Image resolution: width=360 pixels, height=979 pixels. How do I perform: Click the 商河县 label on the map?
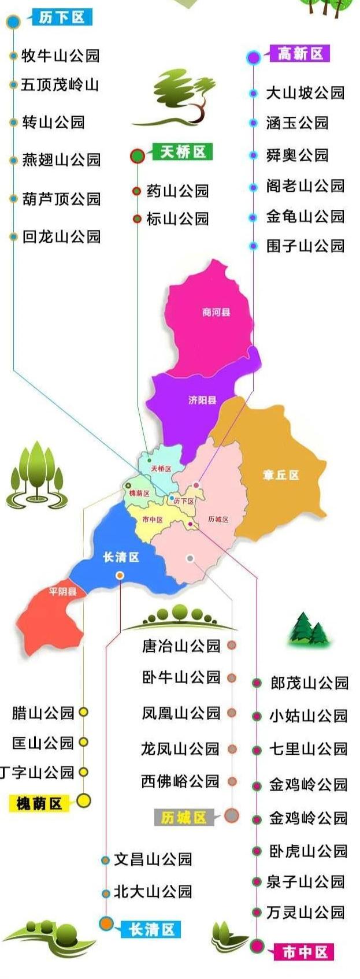click(217, 312)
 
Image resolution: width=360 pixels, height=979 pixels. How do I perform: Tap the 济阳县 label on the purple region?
click(202, 400)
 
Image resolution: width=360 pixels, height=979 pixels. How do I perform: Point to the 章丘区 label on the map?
click(281, 475)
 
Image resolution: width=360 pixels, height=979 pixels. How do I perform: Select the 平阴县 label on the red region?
click(63, 591)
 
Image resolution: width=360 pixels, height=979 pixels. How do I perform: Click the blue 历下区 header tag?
click(62, 17)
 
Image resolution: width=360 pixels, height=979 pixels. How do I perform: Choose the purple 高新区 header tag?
click(300, 54)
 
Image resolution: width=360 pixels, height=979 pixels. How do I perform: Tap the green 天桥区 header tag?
click(183, 152)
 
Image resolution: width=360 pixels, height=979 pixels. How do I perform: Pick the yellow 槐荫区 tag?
click(39, 803)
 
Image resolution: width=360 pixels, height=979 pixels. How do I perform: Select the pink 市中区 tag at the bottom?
click(305, 952)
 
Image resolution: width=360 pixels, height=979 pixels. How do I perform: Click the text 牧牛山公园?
click(61, 56)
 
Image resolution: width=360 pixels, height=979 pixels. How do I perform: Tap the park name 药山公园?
click(177, 191)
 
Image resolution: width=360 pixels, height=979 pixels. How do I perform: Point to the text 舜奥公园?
click(297, 155)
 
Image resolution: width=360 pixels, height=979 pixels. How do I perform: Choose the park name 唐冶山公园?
click(181, 646)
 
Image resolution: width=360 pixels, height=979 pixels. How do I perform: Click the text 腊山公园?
click(43, 713)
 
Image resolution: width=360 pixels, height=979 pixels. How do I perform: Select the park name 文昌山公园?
click(153, 859)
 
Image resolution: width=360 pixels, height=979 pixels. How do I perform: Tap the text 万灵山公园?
click(306, 913)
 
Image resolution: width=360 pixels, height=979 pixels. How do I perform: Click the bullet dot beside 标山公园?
click(137, 219)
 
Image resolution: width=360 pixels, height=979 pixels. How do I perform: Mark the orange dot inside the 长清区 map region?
click(120, 575)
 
